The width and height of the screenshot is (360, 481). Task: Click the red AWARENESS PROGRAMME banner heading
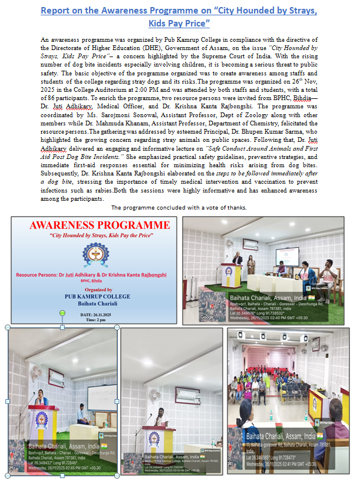[x=95, y=225]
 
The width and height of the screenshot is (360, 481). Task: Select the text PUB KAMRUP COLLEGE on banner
[x=95, y=298]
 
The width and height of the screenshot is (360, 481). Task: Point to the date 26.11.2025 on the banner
[x=95, y=315]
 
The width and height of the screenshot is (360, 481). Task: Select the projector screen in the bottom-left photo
[x=102, y=397]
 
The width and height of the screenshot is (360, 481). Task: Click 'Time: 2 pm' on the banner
[x=95, y=320]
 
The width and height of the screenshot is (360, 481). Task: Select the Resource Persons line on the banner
[x=95, y=275]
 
